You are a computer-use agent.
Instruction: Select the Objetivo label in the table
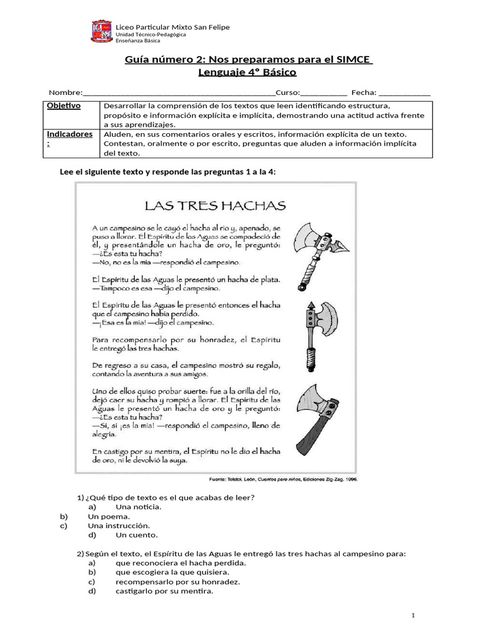click(x=64, y=105)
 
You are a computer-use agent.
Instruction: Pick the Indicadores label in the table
click(x=70, y=134)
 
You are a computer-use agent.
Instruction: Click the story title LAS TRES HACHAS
click(x=215, y=205)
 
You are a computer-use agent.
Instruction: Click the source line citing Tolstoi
click(x=282, y=479)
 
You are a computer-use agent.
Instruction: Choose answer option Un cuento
click(x=137, y=535)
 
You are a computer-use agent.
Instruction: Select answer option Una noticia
click(x=139, y=507)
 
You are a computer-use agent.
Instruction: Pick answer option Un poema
click(x=109, y=516)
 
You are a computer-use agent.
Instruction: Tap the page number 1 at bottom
click(x=414, y=615)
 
